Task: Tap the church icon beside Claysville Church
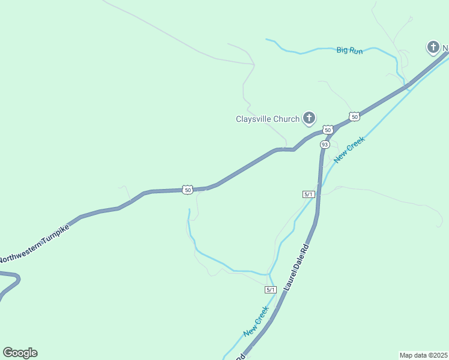309,118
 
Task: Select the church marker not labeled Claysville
433,47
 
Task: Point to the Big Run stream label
349,51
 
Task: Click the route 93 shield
325,145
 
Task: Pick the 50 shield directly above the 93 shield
327,130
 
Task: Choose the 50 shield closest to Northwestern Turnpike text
188,190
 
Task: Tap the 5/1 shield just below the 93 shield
309,194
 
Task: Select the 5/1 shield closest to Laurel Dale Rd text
271,290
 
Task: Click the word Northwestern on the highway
21,252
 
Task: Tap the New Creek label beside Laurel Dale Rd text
256,322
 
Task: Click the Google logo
20,353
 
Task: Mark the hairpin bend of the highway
17,278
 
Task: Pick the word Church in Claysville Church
286,119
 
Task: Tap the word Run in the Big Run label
356,51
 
